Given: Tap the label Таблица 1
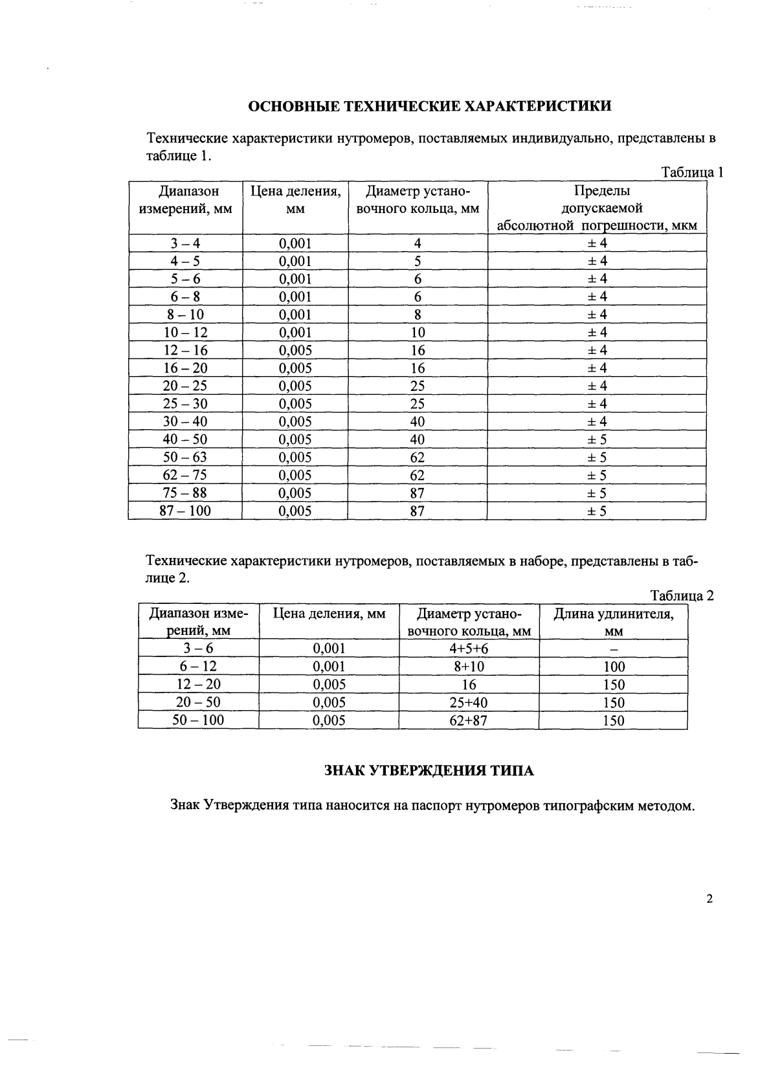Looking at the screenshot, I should [691, 172].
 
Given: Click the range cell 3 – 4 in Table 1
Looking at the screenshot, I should [185, 243].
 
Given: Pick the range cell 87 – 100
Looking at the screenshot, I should [185, 511].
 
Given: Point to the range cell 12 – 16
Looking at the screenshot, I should [185, 350].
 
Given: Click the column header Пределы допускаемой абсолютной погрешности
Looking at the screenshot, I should [596, 208].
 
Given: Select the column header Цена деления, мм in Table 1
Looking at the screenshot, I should [295, 200].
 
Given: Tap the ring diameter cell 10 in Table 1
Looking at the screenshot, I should [418, 333].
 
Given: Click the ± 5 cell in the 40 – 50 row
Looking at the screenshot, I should [596, 439].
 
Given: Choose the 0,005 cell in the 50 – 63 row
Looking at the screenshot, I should [295, 458].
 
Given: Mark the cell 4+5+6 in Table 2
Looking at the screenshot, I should [469, 649].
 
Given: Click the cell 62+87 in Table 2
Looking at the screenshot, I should [469, 720].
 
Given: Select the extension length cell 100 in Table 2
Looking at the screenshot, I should [613, 667].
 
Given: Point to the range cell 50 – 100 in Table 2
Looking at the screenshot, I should [198, 720].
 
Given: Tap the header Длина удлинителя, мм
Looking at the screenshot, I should [613, 622].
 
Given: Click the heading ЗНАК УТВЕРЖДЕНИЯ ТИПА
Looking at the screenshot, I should [429, 770].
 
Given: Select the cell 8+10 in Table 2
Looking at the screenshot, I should [469, 667].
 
